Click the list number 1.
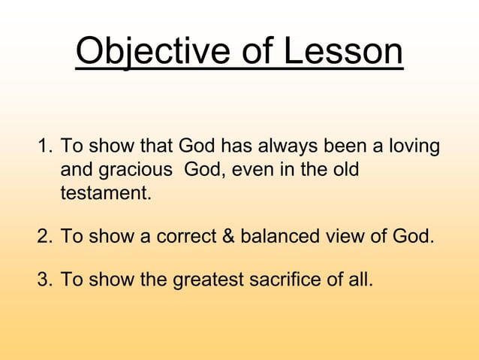click(x=43, y=145)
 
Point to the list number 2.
click(x=43, y=237)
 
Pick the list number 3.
click(x=43, y=281)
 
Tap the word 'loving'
click(x=412, y=145)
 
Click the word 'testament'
click(x=104, y=194)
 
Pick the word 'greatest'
click(x=207, y=281)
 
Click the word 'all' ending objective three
click(x=360, y=281)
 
